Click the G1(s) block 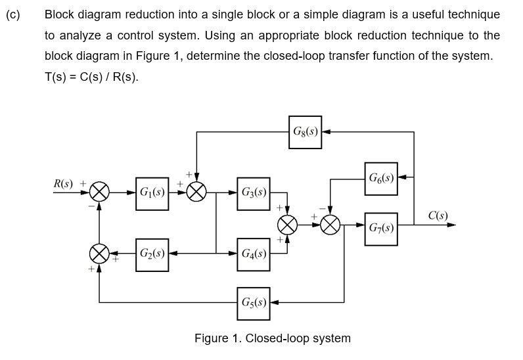152,193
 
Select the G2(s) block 152,253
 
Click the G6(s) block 381,178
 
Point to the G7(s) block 381,228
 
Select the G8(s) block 305,132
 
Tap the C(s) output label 438,215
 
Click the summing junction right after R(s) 99,193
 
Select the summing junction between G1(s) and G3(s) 196,193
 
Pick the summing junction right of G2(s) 99,253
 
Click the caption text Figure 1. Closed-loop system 272,339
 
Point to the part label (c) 13,14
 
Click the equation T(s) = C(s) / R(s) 91,76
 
